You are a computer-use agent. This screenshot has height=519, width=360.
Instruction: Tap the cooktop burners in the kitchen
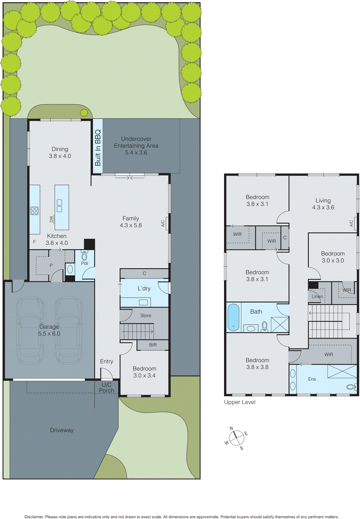coord(34,211)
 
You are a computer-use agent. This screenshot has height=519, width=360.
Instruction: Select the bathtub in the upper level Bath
coord(233,318)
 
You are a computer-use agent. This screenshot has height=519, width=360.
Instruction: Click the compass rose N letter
coord(231,428)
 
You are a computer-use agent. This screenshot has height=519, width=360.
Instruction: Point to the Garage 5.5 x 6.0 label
coord(49,330)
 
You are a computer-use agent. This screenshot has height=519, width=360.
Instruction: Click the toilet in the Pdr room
coord(84,256)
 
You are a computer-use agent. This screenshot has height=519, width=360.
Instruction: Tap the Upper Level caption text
coord(240,402)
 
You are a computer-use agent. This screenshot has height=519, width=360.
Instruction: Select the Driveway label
coord(62,430)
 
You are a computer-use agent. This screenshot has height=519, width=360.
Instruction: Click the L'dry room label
coord(144,288)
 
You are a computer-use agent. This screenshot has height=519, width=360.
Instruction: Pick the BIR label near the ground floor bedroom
coord(153,345)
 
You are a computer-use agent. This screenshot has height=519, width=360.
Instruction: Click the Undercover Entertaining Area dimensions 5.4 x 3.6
coord(136,152)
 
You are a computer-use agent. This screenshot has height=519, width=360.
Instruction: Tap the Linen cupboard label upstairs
coord(317,296)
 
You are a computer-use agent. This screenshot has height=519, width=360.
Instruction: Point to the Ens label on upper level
coord(312,379)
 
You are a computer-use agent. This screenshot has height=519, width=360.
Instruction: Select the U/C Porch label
coord(106,388)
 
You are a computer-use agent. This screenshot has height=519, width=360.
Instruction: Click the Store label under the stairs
coord(146,315)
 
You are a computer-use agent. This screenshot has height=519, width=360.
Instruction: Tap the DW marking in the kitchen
coord(51,219)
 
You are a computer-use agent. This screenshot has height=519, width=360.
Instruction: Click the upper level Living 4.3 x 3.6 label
coord(323,204)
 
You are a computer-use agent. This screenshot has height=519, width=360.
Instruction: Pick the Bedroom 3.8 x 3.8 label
coord(257,364)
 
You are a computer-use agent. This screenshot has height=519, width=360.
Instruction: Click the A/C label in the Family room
coord(163,223)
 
